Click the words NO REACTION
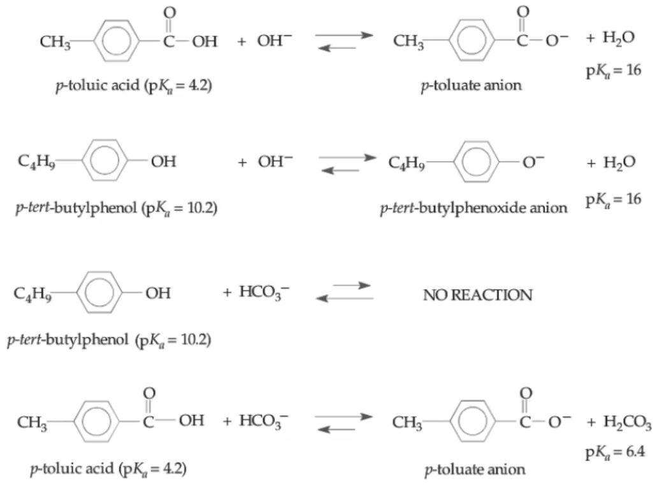point(477,295)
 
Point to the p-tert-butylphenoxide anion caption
point(473,208)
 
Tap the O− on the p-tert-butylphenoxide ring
point(533,163)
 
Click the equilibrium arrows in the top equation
point(343,41)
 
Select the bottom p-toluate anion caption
point(475,470)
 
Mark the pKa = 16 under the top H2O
point(613,69)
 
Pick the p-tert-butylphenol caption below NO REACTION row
point(108,340)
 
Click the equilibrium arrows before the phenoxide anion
point(347,163)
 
